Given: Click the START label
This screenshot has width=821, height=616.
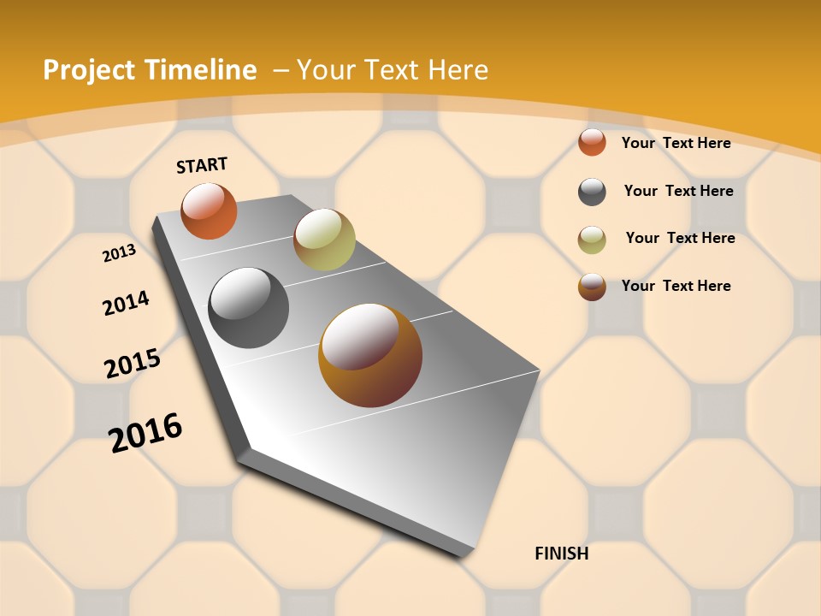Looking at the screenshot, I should pos(202,165).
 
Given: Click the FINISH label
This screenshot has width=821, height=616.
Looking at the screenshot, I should pos(561,554).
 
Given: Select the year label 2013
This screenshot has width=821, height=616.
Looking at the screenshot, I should pos(119,253).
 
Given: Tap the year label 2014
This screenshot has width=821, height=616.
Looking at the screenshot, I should pos(126,303).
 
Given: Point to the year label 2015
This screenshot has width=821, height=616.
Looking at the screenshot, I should pos(133,363).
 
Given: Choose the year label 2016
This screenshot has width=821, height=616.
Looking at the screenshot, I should pos(145,432).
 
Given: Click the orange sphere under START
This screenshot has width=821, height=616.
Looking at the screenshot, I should pos(209,210).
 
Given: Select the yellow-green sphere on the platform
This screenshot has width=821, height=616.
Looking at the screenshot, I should pos(324,239).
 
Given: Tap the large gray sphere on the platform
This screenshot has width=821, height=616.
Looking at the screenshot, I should pos(248,307).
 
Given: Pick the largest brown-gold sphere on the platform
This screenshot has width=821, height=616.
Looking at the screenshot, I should pos(370,354).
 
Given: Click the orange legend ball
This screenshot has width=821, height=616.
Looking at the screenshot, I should pos(592,142).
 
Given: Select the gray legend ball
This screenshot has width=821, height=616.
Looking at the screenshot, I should pos(592,192).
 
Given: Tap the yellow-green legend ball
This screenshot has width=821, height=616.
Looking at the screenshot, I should pos(592,240).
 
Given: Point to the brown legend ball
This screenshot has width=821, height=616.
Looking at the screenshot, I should pos(592,287).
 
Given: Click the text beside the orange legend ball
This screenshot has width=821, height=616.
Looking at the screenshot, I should pos(676,143).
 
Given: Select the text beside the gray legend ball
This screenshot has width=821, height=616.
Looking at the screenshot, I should pos(678,191).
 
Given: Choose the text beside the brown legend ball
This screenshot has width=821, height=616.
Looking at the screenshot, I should pos(676,286).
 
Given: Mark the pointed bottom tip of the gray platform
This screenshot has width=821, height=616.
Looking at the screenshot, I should pos(463,557).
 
